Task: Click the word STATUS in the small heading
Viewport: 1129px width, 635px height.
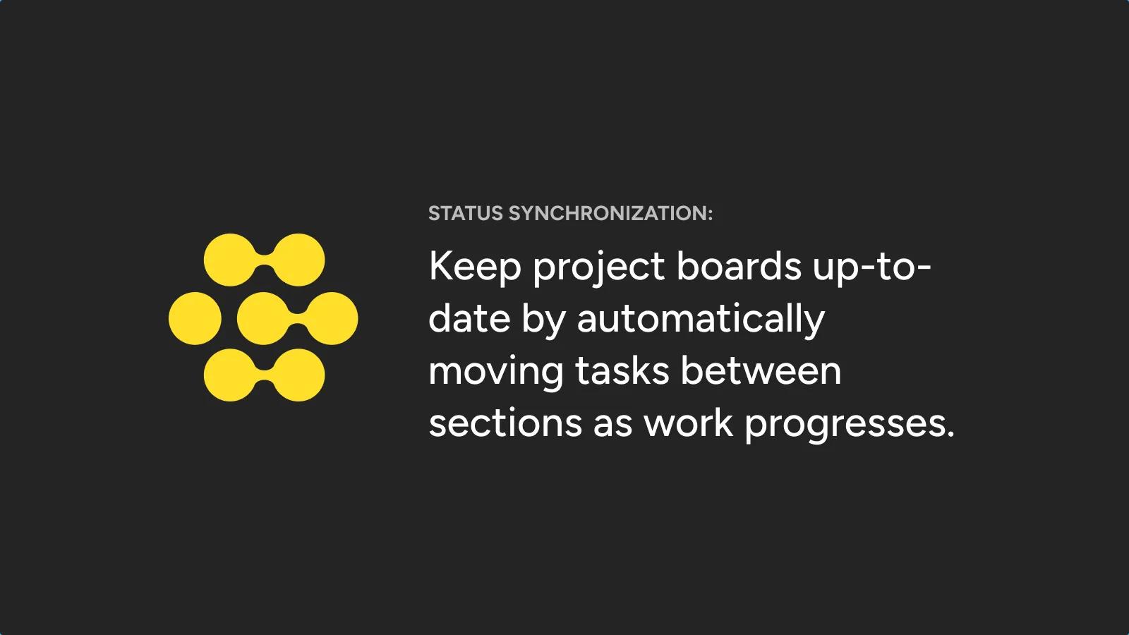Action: click(466, 213)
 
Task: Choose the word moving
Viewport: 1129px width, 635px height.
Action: click(496, 373)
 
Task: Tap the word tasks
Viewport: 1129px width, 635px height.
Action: click(622, 371)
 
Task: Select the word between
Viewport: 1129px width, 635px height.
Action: click(761, 370)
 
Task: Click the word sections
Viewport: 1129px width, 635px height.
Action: click(505, 423)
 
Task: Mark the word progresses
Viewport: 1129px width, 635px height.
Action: click(850, 425)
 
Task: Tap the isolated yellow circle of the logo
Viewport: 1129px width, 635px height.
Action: click(195, 318)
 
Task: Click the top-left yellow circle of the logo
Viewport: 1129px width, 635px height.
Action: click(230, 260)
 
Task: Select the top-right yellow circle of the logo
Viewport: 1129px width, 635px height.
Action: click(298, 260)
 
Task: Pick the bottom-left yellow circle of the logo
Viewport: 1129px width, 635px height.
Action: click(230, 375)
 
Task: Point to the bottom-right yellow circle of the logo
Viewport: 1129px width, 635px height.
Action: click(298, 375)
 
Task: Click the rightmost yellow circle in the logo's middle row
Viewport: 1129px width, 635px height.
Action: click(332, 318)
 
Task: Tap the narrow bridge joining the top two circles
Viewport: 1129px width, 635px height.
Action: click(264, 260)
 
